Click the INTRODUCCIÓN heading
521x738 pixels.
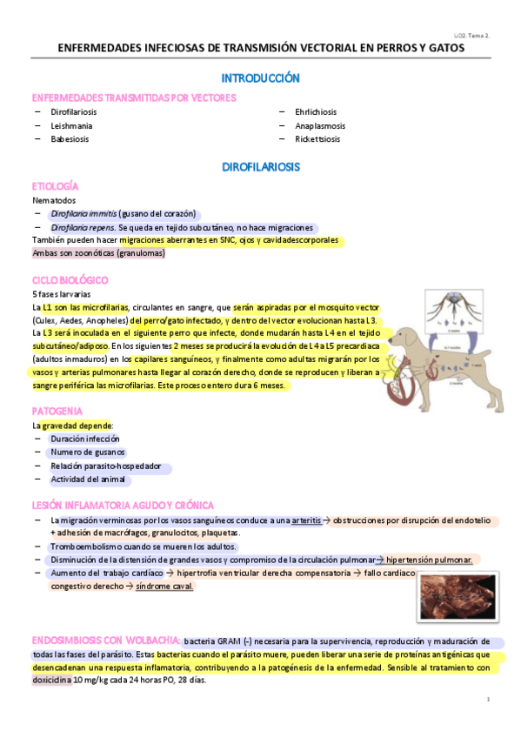click(x=260, y=78)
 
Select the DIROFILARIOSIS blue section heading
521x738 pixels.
click(x=260, y=165)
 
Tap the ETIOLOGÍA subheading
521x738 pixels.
click(x=55, y=187)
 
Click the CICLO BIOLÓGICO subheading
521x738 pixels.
click(x=70, y=280)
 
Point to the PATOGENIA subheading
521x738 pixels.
click(x=57, y=410)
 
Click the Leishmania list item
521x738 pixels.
click(x=71, y=125)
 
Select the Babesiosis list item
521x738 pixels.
click(x=70, y=138)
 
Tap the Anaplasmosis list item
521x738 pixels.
click(x=317, y=125)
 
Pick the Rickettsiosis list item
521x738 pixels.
click(x=317, y=138)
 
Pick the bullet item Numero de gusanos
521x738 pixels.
click(x=87, y=452)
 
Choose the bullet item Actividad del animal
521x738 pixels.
click(x=90, y=479)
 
